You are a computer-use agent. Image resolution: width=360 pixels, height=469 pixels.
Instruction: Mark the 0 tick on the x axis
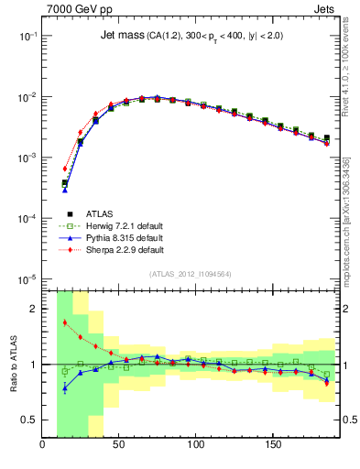43,446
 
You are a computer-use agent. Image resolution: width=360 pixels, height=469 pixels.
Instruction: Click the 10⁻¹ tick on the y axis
27,36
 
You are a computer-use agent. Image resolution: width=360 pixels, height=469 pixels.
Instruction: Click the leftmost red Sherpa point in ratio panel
65,322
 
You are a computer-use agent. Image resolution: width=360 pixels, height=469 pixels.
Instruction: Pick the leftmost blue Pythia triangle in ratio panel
65,387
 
